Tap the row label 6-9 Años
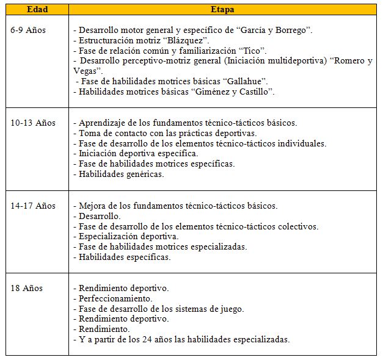coord(28,29)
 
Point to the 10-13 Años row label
coord(33,123)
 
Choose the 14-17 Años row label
coord(33,206)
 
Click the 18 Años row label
coord(27,288)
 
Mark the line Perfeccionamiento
coord(115,298)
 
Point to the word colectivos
coord(296,226)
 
